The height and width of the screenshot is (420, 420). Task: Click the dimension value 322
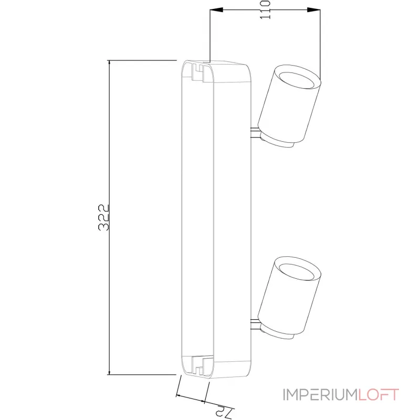click(x=103, y=217)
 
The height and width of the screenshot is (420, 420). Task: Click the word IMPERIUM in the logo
click(x=321, y=394)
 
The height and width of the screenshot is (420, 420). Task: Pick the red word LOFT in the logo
click(x=379, y=394)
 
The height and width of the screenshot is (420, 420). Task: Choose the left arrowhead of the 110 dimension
click(x=216, y=10)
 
